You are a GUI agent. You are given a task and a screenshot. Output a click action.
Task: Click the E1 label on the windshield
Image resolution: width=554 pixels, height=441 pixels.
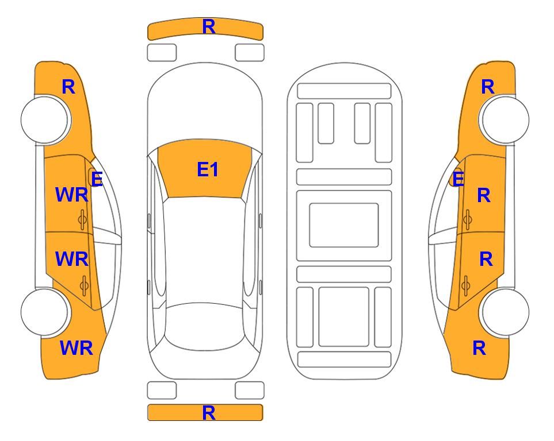click(208, 169)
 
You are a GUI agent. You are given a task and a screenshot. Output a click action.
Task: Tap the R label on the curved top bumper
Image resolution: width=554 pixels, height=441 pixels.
click(209, 26)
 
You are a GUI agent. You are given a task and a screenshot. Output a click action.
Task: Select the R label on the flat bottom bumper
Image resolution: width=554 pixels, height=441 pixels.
click(209, 413)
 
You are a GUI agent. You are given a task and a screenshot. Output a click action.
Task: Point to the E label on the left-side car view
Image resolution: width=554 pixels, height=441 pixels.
click(97, 179)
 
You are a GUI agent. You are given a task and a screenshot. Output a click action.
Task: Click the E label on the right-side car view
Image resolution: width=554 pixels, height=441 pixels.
click(459, 179)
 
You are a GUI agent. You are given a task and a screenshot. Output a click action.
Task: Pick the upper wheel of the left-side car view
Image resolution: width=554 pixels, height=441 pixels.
click(45, 120)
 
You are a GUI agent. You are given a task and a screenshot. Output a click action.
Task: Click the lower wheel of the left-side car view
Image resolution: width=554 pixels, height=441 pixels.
click(45, 312)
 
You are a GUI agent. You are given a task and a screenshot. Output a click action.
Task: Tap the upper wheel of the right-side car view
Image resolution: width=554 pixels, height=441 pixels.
click(505, 120)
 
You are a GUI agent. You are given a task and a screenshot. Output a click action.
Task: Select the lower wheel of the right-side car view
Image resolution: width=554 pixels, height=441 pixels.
click(505, 312)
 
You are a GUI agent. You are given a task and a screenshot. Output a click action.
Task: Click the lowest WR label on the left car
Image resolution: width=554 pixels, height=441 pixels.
click(77, 348)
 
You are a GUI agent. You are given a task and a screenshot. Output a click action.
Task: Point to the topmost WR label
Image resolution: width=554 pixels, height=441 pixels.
click(72, 195)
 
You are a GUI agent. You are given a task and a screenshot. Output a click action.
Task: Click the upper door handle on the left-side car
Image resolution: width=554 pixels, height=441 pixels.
click(82, 219)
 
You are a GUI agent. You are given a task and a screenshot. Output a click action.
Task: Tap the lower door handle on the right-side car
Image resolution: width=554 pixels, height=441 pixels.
click(466, 286)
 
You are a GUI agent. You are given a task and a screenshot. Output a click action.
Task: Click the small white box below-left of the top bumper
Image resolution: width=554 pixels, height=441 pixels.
click(162, 53)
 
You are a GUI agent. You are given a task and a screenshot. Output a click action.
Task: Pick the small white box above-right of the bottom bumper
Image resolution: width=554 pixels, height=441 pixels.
click(250, 390)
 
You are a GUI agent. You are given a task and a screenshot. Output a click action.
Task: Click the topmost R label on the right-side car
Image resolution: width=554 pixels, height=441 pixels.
click(488, 87)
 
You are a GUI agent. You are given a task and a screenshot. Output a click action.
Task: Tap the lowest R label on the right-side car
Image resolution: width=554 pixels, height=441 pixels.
click(479, 348)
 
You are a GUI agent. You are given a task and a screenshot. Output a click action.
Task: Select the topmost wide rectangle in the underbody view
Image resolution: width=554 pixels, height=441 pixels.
click(344, 91)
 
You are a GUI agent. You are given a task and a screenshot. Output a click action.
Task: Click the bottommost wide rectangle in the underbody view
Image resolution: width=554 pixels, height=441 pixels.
click(344, 359)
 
